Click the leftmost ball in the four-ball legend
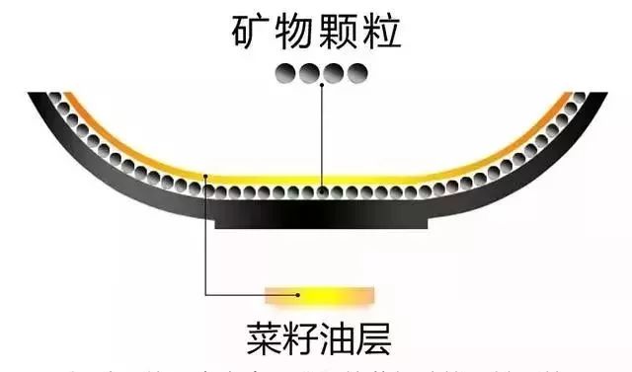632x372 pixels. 283,71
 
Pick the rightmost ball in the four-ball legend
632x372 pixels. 357,71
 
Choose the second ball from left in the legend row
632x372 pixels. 308,71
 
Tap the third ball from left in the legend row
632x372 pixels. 333,71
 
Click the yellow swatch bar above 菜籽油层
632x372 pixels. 321,293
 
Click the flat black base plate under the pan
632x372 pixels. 321,220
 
